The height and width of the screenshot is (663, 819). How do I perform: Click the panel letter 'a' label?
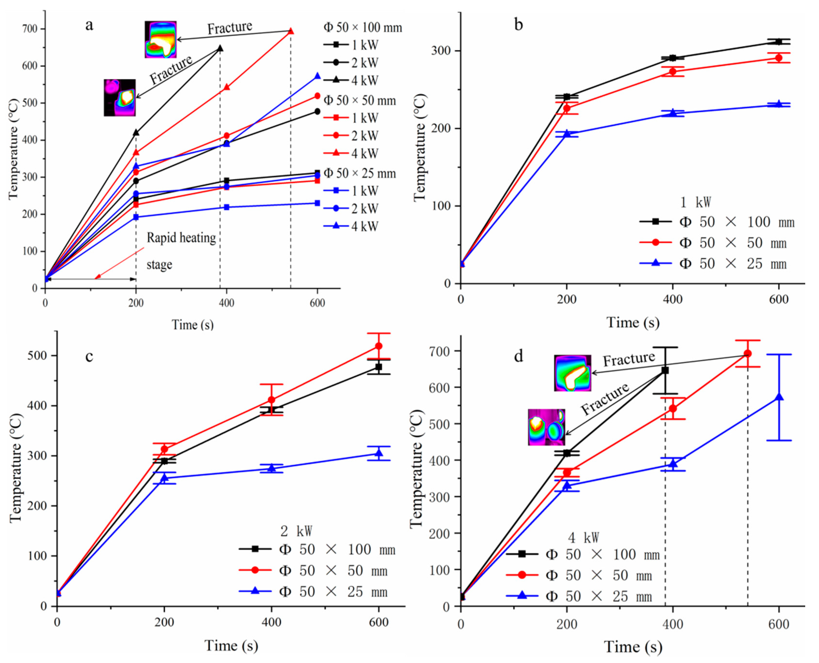coord(89,26)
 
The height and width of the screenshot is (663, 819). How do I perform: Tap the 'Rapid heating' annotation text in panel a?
coord(181,238)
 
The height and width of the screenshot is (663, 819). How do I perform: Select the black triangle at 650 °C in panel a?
coord(220,48)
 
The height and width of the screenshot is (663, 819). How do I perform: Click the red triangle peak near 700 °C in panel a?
coord(291,31)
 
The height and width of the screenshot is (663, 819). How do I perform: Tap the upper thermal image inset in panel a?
coord(161,39)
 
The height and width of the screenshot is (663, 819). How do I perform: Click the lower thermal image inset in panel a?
coord(120,98)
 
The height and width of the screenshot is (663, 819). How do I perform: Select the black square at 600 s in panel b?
coord(778,42)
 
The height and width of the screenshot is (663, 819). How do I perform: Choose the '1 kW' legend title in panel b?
coord(695,202)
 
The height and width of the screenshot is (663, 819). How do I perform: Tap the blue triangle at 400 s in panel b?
coord(672,113)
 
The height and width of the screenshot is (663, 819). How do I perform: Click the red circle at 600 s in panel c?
coord(378,346)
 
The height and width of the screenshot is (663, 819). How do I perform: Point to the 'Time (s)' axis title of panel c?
coord(231,645)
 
